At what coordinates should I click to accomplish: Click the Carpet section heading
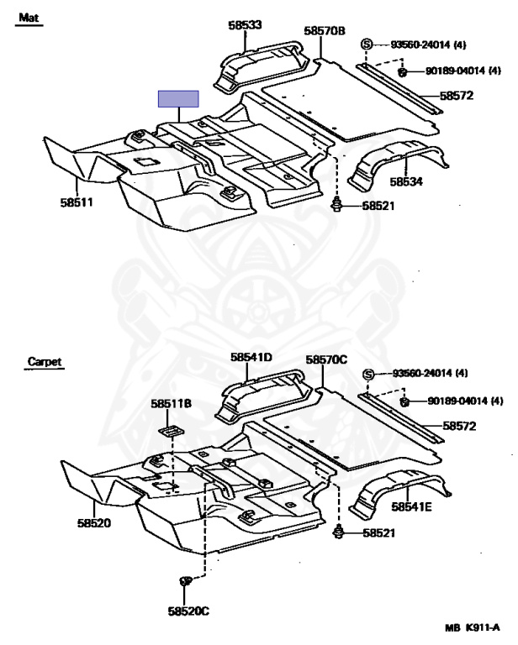pos(44,362)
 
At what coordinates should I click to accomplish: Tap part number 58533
pos(245,26)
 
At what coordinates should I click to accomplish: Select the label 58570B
pos(325,31)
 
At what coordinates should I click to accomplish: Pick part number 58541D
pos(251,357)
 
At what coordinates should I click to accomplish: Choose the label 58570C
pos(326,359)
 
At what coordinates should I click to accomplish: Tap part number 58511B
pos(172,404)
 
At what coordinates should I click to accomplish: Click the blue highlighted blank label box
pos(178,99)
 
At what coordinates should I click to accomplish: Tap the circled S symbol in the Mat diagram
pos(367,44)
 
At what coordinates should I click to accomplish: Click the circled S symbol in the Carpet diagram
pos(367,374)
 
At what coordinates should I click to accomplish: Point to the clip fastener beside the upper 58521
pos(338,204)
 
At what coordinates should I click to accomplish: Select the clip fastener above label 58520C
pos(186,580)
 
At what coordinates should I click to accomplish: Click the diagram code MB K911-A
pos(473,627)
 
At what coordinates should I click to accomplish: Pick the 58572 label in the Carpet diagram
pos(459,426)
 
